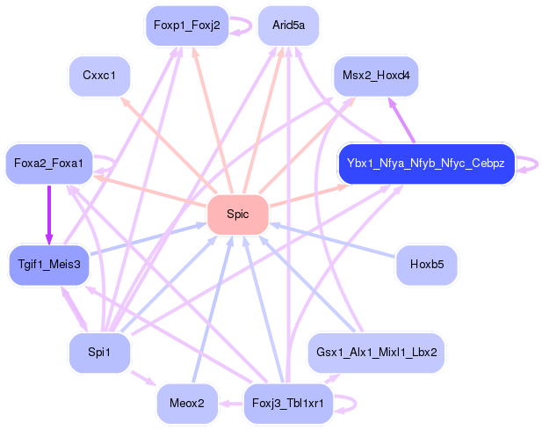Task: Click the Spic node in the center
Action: (x=238, y=215)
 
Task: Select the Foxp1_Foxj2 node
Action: (x=187, y=26)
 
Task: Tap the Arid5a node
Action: (x=289, y=26)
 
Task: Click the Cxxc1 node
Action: (x=99, y=76)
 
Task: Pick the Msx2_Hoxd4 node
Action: (x=376, y=76)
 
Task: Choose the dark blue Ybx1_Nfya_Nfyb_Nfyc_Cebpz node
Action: (x=427, y=164)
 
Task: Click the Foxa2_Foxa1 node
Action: (x=48, y=164)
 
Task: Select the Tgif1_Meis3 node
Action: (x=49, y=265)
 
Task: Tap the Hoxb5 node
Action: (x=427, y=265)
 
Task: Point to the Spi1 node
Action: (x=99, y=353)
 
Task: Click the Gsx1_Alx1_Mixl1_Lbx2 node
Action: (x=376, y=353)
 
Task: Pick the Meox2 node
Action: (x=187, y=404)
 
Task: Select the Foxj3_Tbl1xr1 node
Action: (x=288, y=404)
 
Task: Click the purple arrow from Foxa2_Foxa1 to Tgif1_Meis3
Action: (x=49, y=215)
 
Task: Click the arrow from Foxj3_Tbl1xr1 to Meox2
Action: (x=231, y=404)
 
